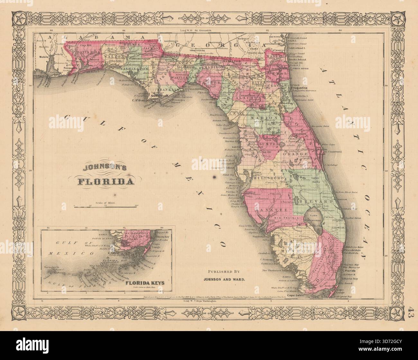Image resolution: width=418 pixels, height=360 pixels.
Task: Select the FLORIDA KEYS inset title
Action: (145, 283)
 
